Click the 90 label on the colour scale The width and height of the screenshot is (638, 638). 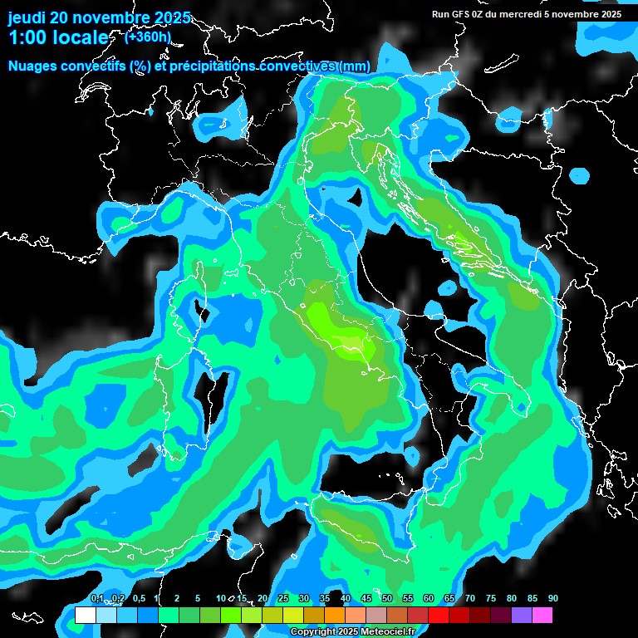(552, 598)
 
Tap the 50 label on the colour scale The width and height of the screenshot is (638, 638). (386, 598)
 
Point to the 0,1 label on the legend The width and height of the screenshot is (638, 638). (97, 598)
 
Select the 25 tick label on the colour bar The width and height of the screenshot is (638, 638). (282, 598)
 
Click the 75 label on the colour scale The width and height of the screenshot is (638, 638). (490, 598)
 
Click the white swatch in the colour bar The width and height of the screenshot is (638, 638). (85, 615)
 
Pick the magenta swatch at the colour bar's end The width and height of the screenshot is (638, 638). (542, 615)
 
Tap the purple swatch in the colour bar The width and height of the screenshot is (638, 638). (521, 615)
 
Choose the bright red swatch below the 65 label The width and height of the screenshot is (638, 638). (438, 615)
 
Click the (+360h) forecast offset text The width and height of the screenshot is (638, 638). (148, 37)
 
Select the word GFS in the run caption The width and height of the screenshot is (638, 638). (463, 14)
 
